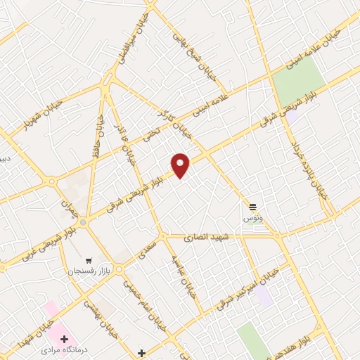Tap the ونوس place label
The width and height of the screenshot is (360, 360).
(252, 219)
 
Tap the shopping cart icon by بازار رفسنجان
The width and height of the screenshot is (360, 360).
(89, 258)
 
